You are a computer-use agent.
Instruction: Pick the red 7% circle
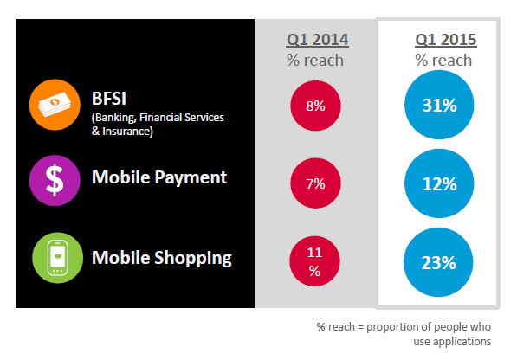[315, 183]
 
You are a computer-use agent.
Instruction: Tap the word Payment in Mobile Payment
[191, 177]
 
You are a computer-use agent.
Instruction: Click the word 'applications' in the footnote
[462, 341]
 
